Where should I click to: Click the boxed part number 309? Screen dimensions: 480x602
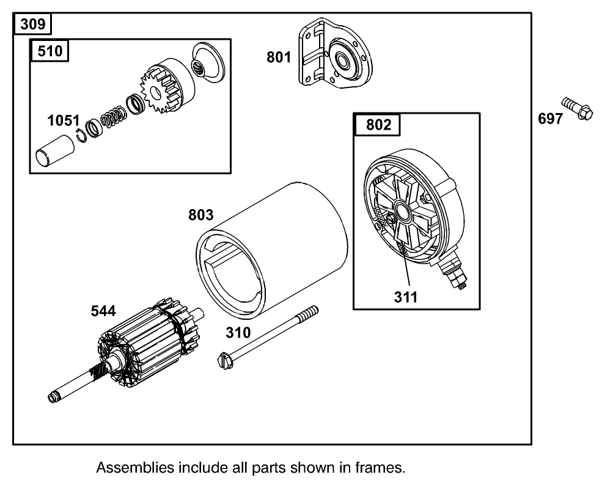coord(32,25)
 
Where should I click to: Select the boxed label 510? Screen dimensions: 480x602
coord(50,51)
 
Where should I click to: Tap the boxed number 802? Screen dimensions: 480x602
coord(378,125)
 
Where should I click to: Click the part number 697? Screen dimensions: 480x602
coord(550,119)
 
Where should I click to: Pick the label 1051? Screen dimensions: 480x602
coord(64,121)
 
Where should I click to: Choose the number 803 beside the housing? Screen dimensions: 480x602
coord(200,215)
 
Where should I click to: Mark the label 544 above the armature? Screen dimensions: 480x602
coord(103,311)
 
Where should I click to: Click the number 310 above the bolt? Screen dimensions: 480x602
coord(238,333)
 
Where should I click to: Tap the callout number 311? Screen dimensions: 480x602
coord(406,297)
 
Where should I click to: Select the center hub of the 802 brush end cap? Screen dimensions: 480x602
coord(403,212)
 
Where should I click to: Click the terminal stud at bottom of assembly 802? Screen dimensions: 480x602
coord(457,278)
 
